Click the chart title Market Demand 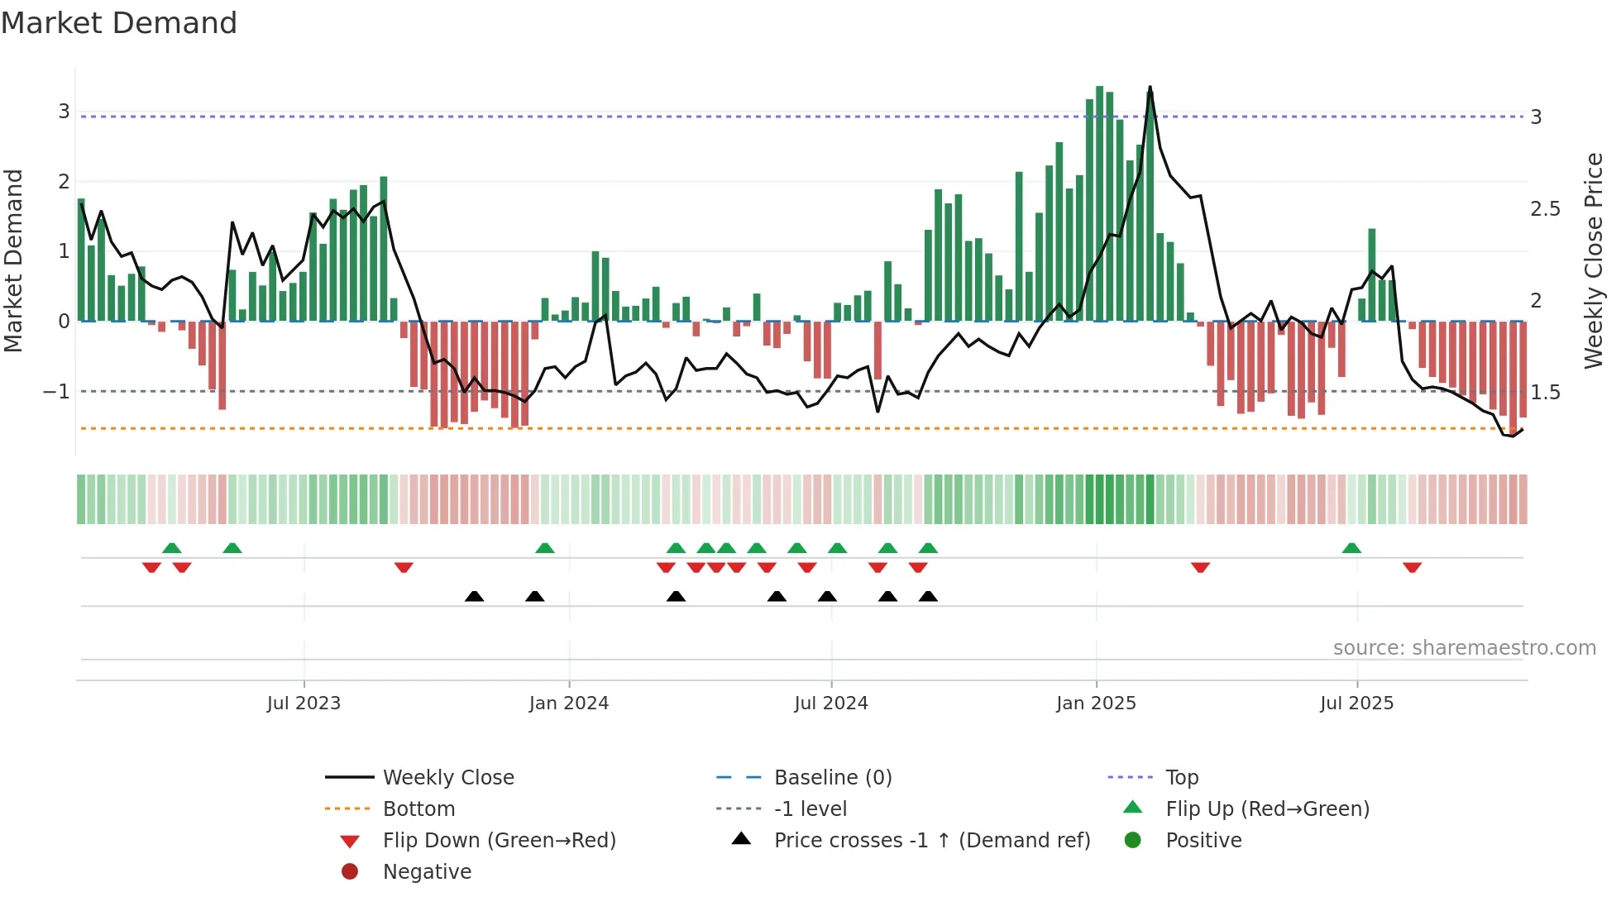[x=119, y=23]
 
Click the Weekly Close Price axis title [x=1593, y=260]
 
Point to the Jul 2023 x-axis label [x=304, y=704]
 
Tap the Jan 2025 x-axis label [x=1096, y=704]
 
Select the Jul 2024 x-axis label [x=831, y=704]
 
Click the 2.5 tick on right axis [x=1545, y=209]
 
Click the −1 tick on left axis [x=57, y=391]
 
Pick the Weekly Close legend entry [x=447, y=778]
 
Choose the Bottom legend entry [x=418, y=809]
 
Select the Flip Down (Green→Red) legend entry [x=499, y=841]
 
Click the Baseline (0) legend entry [x=832, y=778]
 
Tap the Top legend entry [x=1182, y=778]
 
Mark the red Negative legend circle [x=350, y=872]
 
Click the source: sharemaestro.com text [x=1464, y=648]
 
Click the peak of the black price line [x=1150, y=88]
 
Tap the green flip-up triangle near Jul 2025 [x=1351, y=548]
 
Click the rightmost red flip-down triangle [x=1412, y=567]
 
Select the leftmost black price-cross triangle [x=474, y=596]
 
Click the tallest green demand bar [x=1099, y=203]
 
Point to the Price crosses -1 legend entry [x=931, y=841]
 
